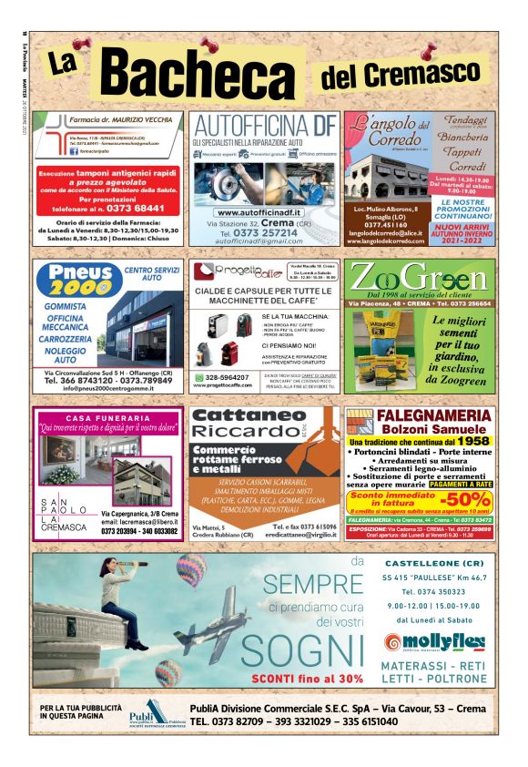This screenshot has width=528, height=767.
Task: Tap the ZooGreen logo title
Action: coord(420,277)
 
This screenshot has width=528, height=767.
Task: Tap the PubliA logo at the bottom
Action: coord(148,713)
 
